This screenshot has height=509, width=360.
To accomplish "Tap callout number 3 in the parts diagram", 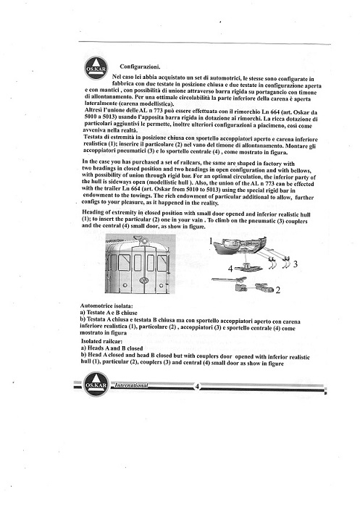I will tap(295, 264).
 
